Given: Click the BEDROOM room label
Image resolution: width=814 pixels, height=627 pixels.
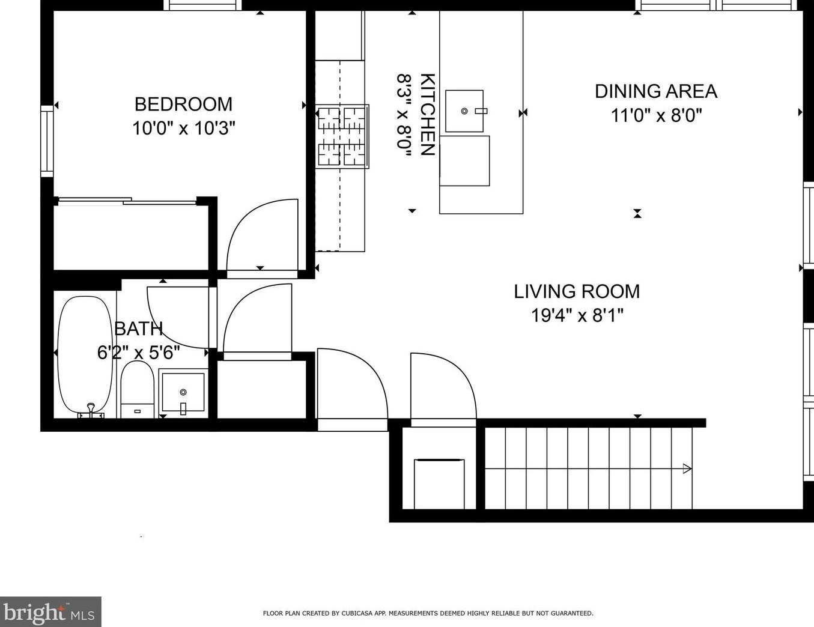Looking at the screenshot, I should [x=183, y=104].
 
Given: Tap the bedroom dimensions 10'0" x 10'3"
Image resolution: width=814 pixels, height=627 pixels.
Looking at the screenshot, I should [x=183, y=128].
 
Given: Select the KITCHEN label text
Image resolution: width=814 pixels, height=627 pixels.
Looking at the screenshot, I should [x=427, y=114].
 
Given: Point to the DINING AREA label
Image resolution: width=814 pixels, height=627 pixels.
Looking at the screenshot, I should [x=656, y=91].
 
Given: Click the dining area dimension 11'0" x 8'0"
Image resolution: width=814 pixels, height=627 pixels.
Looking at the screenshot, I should [x=656, y=115].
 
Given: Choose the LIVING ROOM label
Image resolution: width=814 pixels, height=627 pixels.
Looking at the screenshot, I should [x=577, y=291].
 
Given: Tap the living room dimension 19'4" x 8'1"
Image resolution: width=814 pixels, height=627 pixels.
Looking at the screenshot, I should [x=577, y=315].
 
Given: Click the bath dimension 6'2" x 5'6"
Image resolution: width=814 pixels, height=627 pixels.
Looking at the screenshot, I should [x=139, y=353].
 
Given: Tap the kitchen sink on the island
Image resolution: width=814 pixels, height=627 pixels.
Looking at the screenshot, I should [x=464, y=111].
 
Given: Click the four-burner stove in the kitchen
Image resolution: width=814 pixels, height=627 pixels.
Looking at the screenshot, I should [x=342, y=136].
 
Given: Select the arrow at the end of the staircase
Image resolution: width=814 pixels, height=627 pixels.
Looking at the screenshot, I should [x=687, y=468].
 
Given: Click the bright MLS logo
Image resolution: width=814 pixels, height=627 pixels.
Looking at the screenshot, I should [x=50, y=612].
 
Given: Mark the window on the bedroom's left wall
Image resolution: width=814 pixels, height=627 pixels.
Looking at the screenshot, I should [x=47, y=141].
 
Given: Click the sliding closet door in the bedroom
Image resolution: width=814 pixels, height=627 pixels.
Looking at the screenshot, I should [x=126, y=201].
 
